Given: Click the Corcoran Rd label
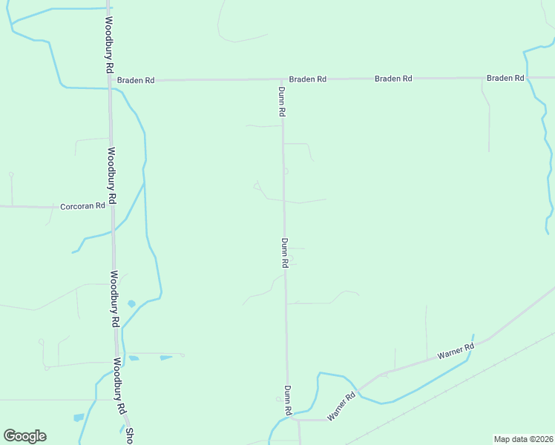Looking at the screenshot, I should click(x=84, y=205).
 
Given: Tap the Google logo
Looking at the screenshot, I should click(x=24, y=436).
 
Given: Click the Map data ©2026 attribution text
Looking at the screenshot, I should click(x=522, y=439).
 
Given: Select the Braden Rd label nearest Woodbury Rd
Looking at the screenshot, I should click(x=135, y=79).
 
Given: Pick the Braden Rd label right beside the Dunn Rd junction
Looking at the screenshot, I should click(x=307, y=79).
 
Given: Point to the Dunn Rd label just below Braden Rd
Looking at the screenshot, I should click(x=282, y=102).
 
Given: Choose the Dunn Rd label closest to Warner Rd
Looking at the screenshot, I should click(x=287, y=400).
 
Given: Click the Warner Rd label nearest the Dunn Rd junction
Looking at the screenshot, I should click(x=342, y=406).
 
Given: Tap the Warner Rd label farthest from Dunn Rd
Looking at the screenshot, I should click(x=455, y=351).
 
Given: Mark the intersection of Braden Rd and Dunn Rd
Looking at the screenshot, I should click(x=282, y=79).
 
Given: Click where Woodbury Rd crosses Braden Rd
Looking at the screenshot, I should click(x=110, y=79).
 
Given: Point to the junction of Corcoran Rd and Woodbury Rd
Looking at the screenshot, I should click(x=112, y=207).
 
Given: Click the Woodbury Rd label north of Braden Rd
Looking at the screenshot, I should click(x=108, y=44).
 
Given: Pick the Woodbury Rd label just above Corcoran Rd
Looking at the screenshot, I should click(x=111, y=176).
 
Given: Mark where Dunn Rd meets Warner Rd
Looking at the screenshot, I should click(x=290, y=420).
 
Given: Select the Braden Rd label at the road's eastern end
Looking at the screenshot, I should click(x=505, y=78).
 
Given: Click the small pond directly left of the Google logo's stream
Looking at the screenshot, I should click(x=79, y=418).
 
